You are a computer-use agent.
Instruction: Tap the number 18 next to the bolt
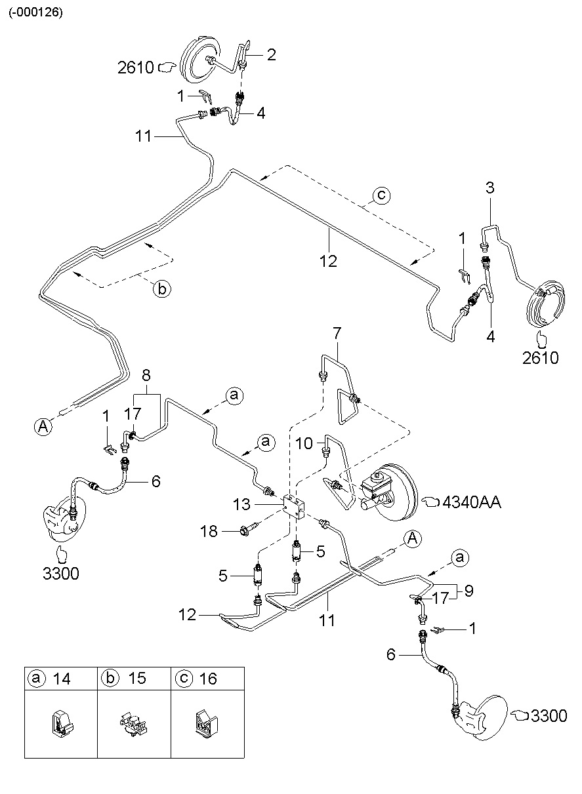209,531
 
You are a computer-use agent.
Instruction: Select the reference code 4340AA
472,502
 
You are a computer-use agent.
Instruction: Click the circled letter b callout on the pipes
161,288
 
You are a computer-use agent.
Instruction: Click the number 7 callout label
337,334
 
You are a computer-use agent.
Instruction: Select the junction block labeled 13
295,507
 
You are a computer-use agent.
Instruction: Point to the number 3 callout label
489,188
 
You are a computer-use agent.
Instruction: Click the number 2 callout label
271,54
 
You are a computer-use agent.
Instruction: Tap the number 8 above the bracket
146,376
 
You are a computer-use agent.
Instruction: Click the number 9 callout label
468,590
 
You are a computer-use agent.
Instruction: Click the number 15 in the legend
137,679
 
